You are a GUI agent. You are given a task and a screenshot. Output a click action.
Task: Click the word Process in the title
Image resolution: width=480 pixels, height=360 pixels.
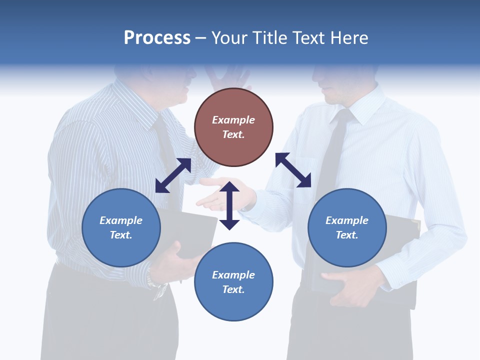157,38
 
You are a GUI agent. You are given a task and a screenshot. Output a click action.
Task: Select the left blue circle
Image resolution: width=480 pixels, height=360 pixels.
121,227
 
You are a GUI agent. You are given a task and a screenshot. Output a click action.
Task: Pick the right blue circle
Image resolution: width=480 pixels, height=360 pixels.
347,227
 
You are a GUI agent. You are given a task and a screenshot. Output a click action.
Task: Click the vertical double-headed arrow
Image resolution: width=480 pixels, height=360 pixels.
229,205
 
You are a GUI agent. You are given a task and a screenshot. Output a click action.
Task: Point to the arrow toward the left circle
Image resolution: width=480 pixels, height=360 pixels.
173,175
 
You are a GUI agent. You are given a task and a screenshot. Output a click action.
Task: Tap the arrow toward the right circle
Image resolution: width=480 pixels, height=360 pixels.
293,170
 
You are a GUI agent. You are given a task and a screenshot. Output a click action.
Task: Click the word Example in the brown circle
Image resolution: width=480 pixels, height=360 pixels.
233,120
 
